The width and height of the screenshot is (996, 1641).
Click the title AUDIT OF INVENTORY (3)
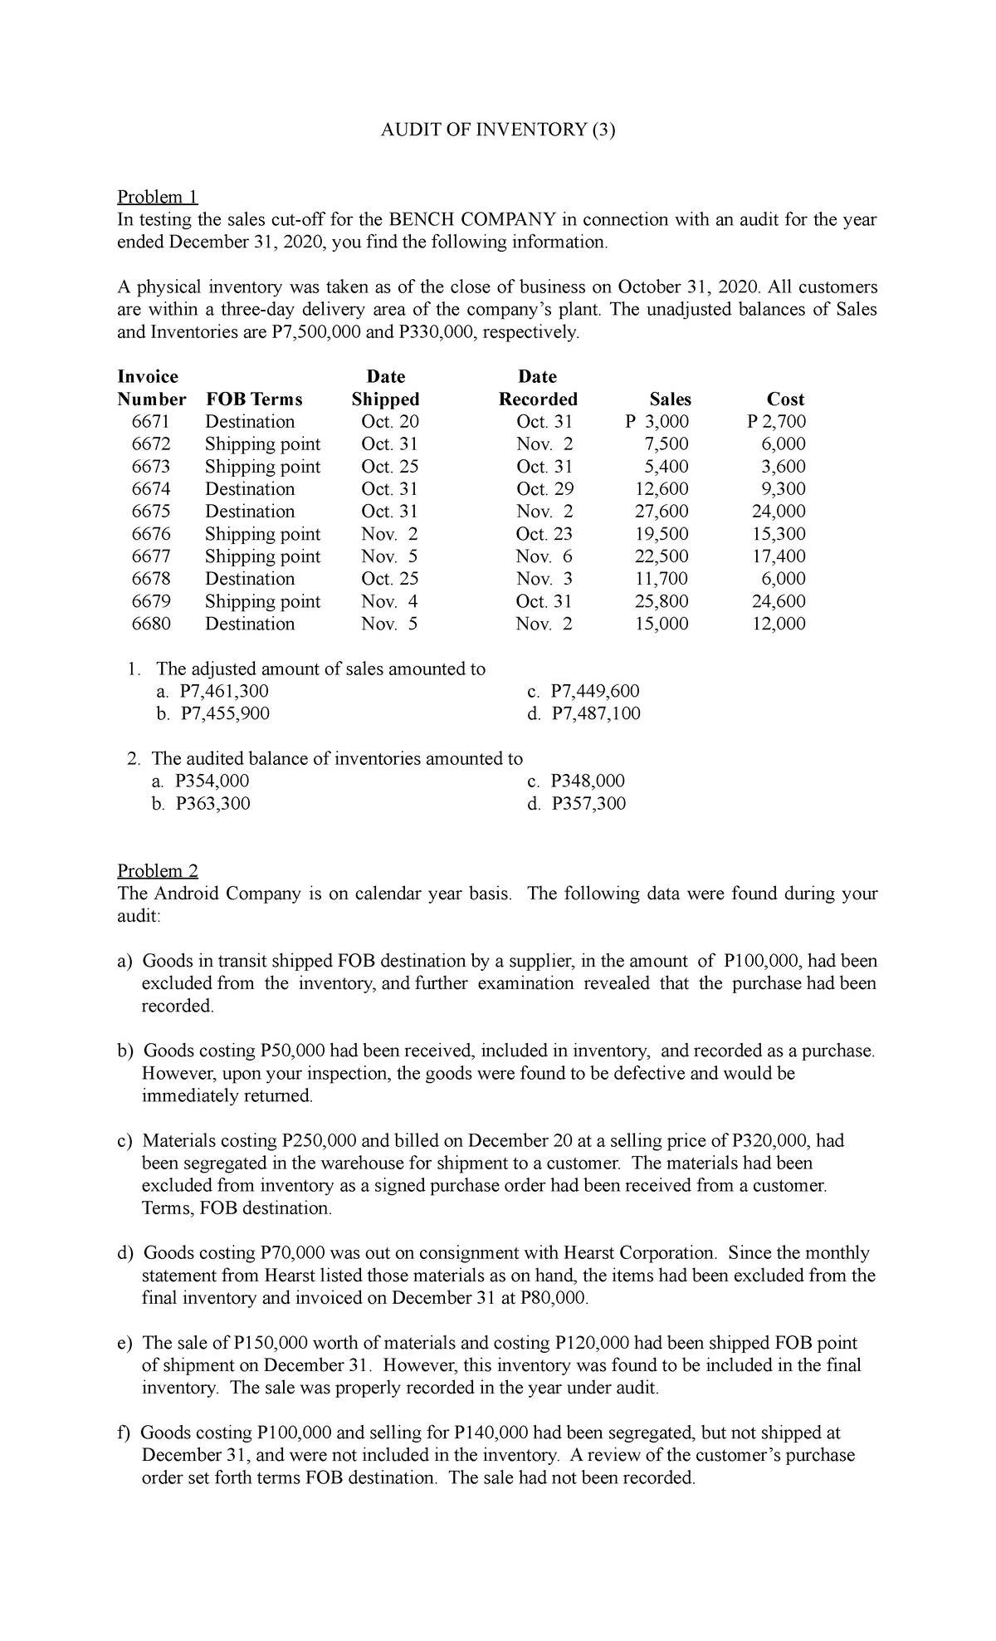pos(498,130)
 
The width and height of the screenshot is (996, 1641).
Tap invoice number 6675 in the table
pos(151,512)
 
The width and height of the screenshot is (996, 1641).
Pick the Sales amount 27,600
pos(661,512)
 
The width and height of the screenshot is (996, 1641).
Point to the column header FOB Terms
pos(254,399)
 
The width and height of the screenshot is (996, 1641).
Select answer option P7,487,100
pos(595,713)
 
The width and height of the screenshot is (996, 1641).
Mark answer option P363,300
pos(212,803)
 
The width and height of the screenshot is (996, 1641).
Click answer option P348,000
pos(588,781)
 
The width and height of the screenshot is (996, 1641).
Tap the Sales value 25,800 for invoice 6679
pos(661,601)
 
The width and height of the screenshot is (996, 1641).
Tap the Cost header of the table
pos(785,399)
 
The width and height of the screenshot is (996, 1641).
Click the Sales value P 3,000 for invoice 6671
pos(657,422)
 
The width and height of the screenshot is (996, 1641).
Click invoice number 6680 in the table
pos(151,624)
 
